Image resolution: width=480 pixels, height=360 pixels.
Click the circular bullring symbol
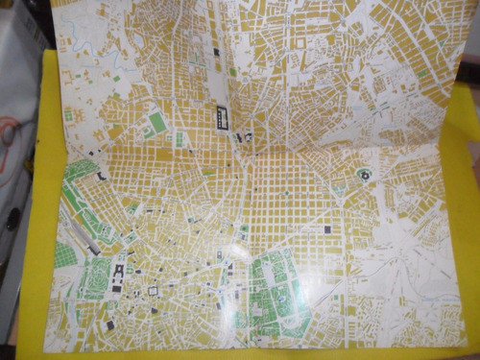[366, 175]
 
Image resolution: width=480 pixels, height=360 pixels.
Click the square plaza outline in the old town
[153, 290]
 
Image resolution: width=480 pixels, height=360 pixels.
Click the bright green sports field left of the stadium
[156, 122]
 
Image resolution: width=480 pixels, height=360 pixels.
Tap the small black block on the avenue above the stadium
[216, 53]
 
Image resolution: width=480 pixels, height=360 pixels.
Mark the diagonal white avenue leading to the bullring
[317, 163]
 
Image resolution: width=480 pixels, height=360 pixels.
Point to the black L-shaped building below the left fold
[102, 177]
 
